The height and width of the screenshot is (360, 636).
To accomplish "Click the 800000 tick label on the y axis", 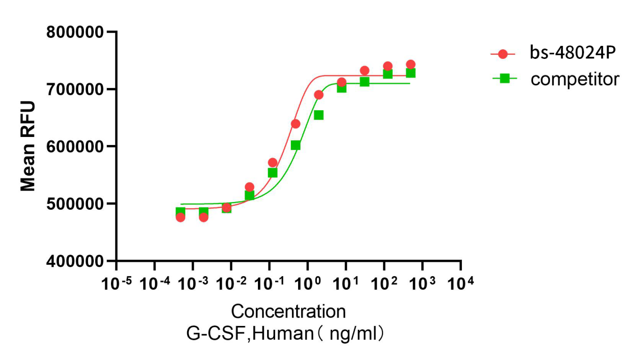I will point(75,33).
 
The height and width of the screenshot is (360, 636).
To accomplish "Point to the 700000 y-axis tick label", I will point(75,90).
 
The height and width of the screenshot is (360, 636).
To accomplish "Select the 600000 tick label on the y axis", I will point(75,146).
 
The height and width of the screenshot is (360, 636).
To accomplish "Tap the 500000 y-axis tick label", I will point(75,204).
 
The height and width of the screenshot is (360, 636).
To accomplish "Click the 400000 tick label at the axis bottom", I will point(75,261).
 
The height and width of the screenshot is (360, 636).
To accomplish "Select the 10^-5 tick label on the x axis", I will point(116,284).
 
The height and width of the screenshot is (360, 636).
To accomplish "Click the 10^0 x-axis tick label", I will point(308,284).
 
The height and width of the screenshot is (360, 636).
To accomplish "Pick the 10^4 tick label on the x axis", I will point(461,284).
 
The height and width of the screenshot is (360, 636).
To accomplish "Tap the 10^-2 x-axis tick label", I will point(231,284).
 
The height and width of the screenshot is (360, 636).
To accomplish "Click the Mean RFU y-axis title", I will point(28,146).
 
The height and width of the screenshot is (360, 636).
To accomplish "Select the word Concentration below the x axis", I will point(288,312).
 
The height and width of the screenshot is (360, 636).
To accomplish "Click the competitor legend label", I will point(575,79).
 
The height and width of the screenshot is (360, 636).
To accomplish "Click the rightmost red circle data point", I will point(411,65).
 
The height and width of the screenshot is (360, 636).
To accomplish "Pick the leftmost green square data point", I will point(180,212).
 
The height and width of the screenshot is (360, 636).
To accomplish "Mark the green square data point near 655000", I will point(319,115).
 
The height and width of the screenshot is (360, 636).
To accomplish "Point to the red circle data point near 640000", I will point(296,124).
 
